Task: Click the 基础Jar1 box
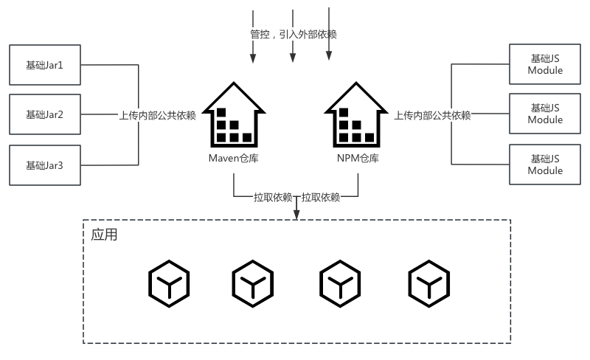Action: click(x=44, y=65)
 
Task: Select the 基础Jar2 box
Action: click(x=44, y=114)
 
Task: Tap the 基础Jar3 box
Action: click(x=44, y=165)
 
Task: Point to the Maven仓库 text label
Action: click(x=233, y=159)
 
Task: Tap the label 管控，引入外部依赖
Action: click(x=294, y=34)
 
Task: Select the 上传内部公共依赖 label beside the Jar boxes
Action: click(x=157, y=115)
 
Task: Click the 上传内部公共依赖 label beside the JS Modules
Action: click(x=432, y=115)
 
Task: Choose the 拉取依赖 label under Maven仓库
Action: click(x=273, y=197)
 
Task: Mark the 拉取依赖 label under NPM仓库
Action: click(x=321, y=197)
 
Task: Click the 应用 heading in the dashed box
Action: click(x=104, y=235)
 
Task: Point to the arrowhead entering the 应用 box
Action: click(x=296, y=215)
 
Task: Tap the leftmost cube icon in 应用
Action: click(x=169, y=283)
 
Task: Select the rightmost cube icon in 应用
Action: click(x=428, y=283)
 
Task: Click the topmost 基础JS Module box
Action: click(x=545, y=65)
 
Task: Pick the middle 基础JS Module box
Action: click(x=545, y=114)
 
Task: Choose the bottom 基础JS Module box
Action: click(x=545, y=165)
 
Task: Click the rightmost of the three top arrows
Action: click(x=329, y=33)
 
